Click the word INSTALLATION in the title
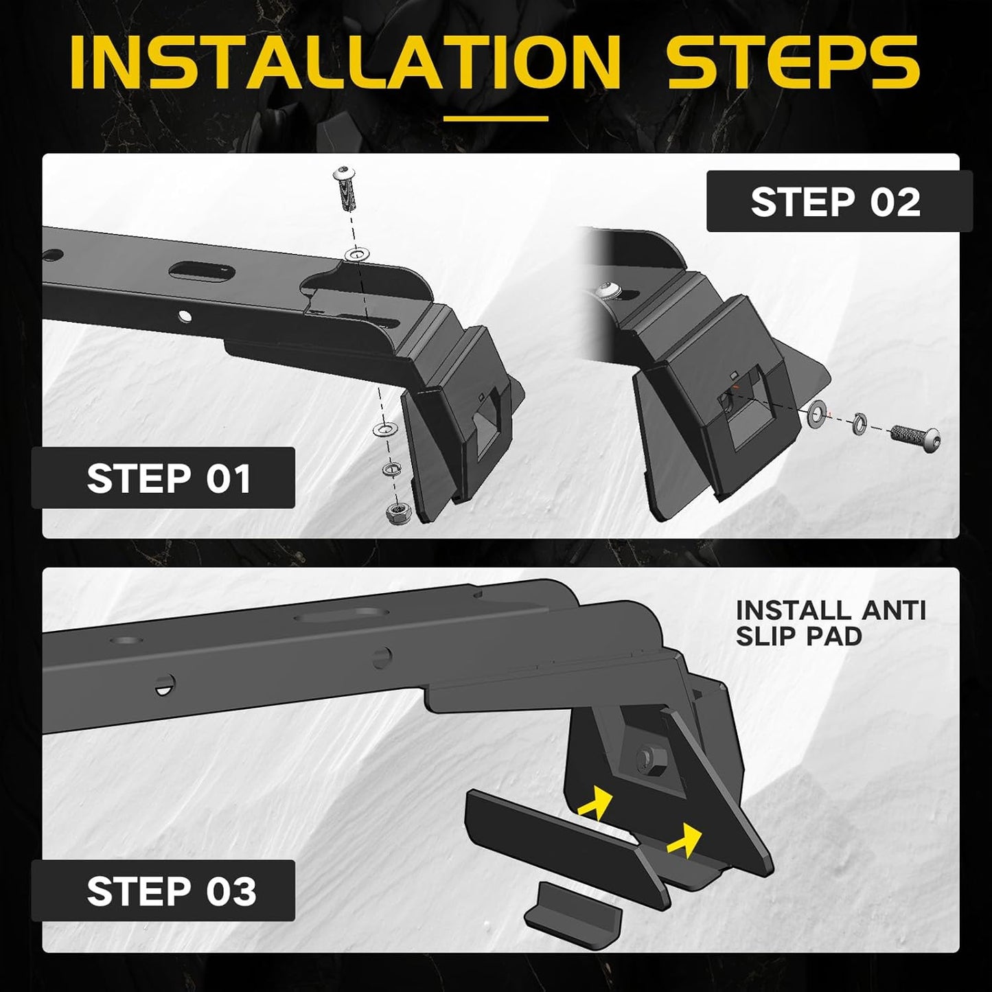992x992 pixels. tap(345, 62)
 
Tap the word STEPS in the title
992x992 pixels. tap(794, 62)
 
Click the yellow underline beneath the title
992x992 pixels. tap(496, 119)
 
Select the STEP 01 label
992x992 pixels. tap(169, 478)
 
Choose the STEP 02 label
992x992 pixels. tap(835, 202)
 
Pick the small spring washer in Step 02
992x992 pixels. tap(858, 423)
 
